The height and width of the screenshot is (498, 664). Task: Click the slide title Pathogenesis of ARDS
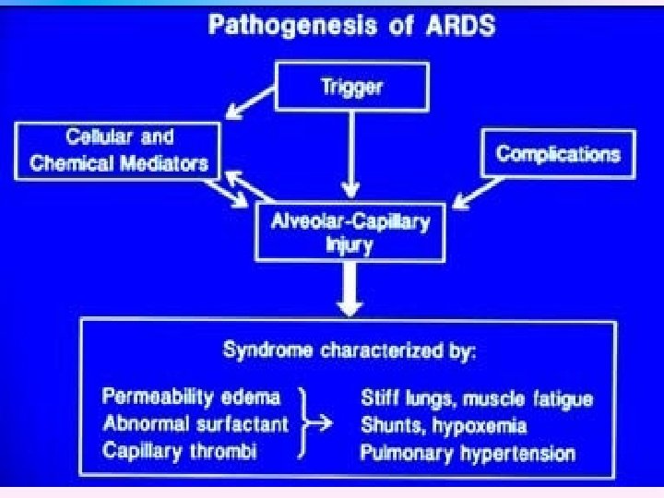point(351,24)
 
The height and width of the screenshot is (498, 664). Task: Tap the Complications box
point(557,153)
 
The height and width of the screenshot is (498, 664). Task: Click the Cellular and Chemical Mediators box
point(117,151)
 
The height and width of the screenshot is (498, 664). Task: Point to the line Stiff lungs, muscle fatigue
point(475,399)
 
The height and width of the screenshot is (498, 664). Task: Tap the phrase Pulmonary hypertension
point(468,453)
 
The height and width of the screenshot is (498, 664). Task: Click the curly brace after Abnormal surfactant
point(304,425)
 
